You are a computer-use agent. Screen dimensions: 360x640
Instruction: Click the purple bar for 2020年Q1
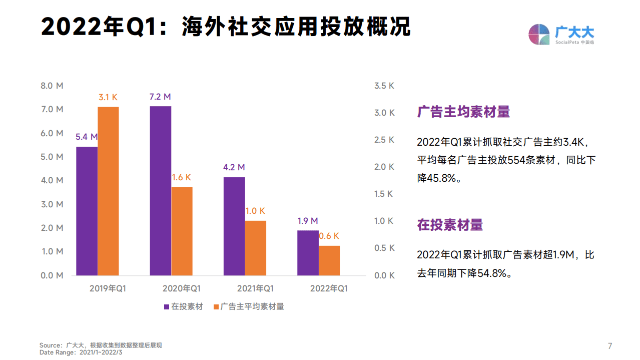point(160,190)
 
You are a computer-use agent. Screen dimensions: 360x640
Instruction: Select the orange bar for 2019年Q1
point(108,191)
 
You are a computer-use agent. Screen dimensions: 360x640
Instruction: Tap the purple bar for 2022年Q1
point(308,252)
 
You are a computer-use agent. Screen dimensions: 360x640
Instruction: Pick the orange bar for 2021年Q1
point(255,248)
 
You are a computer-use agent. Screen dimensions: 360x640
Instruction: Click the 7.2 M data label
point(160,97)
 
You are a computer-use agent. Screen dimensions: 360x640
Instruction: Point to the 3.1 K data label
point(108,97)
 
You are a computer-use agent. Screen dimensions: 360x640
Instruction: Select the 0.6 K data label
point(329,236)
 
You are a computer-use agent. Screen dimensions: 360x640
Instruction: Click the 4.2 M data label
point(234,167)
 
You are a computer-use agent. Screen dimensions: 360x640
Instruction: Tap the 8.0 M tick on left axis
point(52,86)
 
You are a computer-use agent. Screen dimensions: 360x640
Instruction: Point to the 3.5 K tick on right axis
point(384,86)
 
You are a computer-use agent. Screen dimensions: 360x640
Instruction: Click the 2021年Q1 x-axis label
point(255,288)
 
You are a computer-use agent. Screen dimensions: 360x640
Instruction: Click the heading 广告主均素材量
point(463,112)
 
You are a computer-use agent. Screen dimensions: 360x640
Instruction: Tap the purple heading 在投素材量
point(450,225)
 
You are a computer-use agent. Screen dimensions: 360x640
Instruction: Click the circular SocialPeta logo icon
point(539,34)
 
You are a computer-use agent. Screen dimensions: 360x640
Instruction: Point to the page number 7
point(609,346)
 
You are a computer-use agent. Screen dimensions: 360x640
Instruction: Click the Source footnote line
point(101,345)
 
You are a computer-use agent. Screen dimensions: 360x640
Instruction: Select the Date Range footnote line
point(81,352)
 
